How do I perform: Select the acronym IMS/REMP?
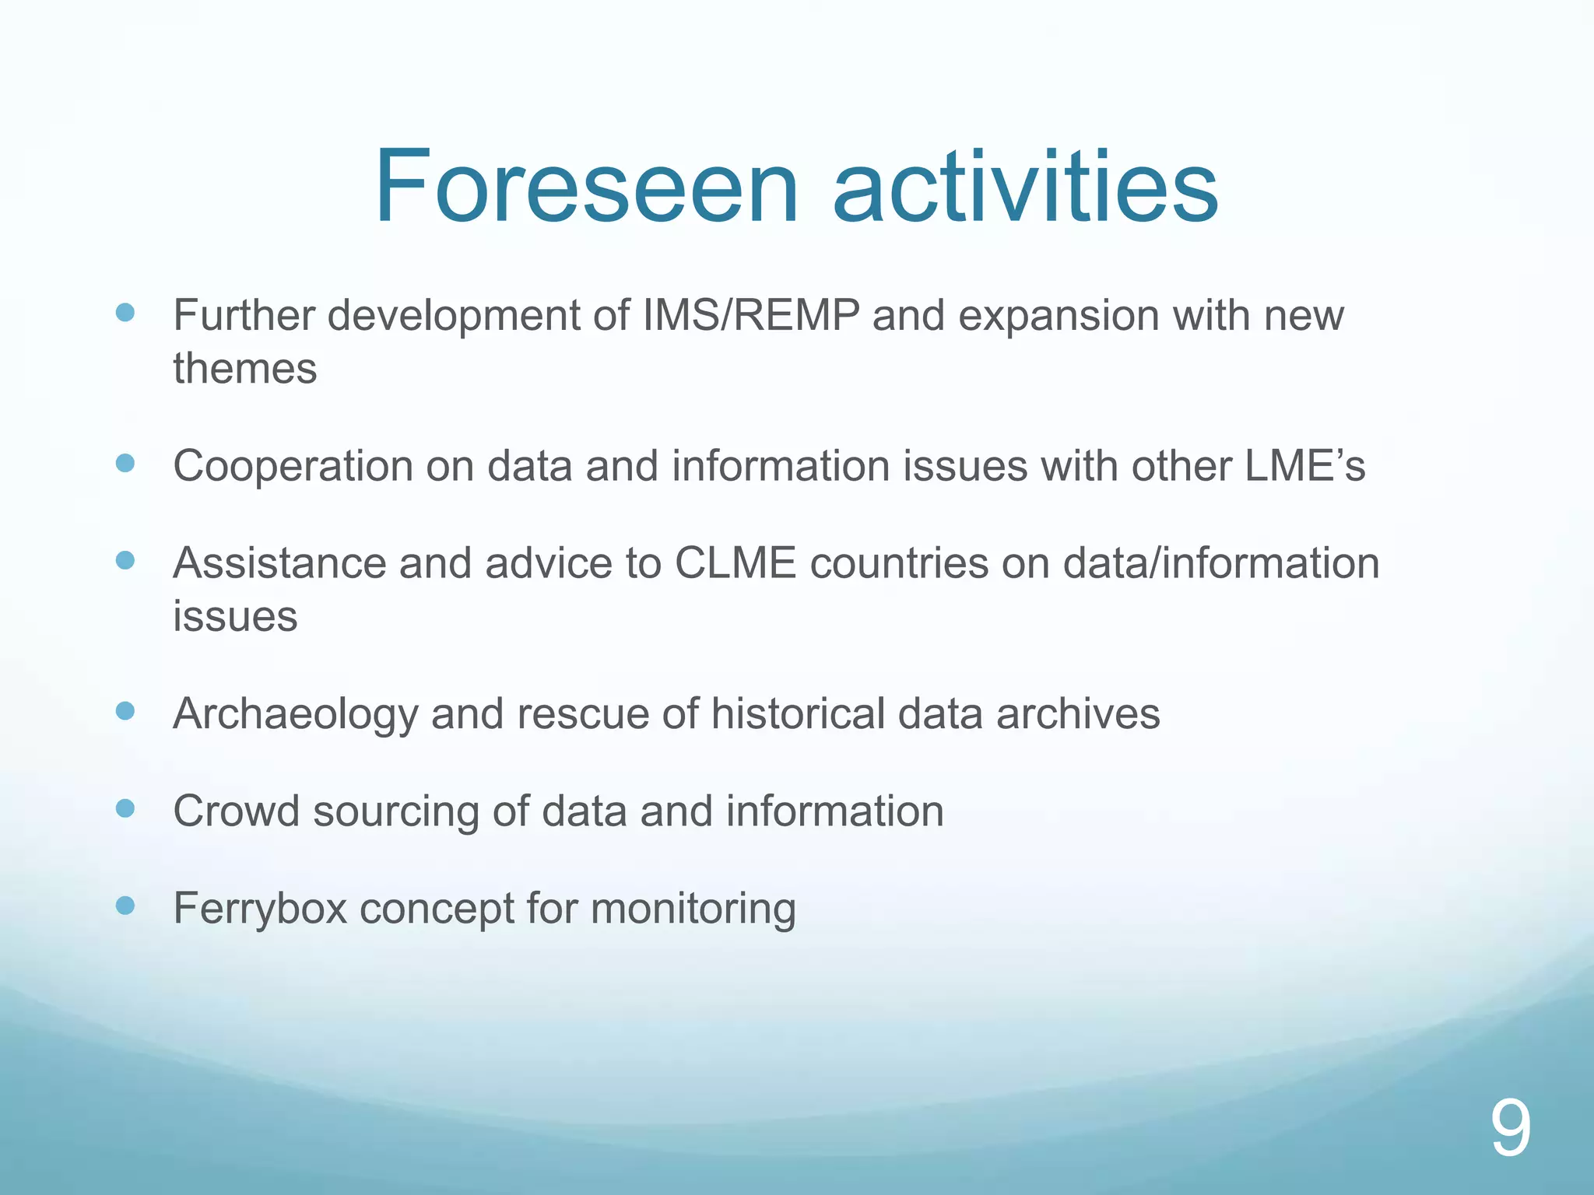pos(750,315)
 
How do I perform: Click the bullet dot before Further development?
pos(125,313)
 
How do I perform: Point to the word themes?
pos(244,368)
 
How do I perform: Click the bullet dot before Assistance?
pos(125,560)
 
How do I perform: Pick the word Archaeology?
pos(295,714)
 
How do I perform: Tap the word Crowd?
pos(236,811)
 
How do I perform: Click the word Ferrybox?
pos(259,909)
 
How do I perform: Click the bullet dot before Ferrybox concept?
pos(125,906)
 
